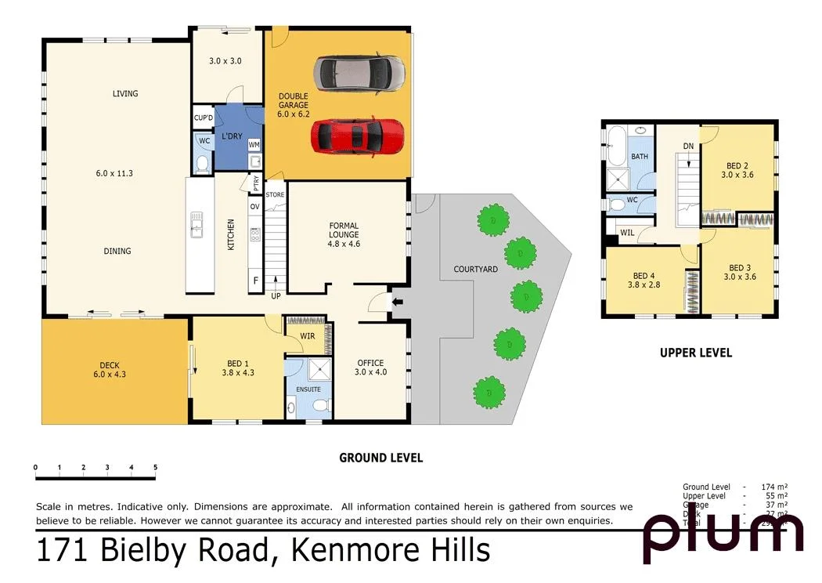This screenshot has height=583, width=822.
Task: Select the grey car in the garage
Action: tap(359, 74)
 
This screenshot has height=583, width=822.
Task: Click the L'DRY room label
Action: tap(231, 136)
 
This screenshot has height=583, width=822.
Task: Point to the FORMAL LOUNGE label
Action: tap(344, 234)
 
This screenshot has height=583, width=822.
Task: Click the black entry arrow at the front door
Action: tap(397, 302)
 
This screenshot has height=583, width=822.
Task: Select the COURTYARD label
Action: tap(475, 270)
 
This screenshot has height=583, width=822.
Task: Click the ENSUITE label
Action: tap(308, 389)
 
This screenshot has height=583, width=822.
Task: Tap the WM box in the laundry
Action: tap(254, 145)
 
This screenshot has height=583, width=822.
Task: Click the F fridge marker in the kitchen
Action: tap(254, 281)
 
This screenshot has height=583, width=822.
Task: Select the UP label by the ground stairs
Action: tap(276, 297)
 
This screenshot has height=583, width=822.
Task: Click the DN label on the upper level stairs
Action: tap(687, 147)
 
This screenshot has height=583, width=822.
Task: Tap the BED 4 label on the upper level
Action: tap(644, 281)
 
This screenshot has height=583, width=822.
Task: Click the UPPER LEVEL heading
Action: tap(695, 353)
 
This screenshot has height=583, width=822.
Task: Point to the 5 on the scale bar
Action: tap(155, 467)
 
